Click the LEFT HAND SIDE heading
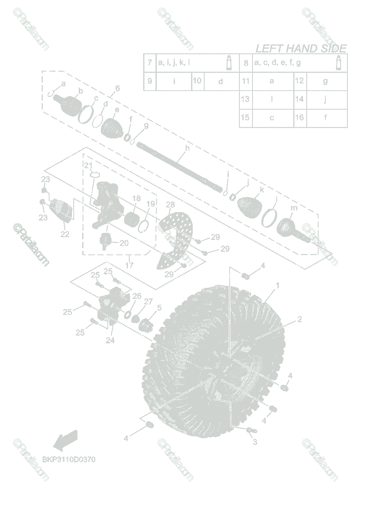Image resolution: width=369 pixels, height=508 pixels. (301, 49)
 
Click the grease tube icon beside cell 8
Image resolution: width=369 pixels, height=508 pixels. (338, 63)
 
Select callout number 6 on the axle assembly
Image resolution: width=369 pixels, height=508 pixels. (117, 88)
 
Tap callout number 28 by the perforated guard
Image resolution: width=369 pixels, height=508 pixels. (170, 205)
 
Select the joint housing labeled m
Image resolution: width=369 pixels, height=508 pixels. (291, 228)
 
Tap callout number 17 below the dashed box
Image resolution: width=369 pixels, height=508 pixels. (129, 265)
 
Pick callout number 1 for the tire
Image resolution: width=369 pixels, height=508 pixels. (277, 286)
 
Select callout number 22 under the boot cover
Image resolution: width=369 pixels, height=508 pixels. (64, 234)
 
